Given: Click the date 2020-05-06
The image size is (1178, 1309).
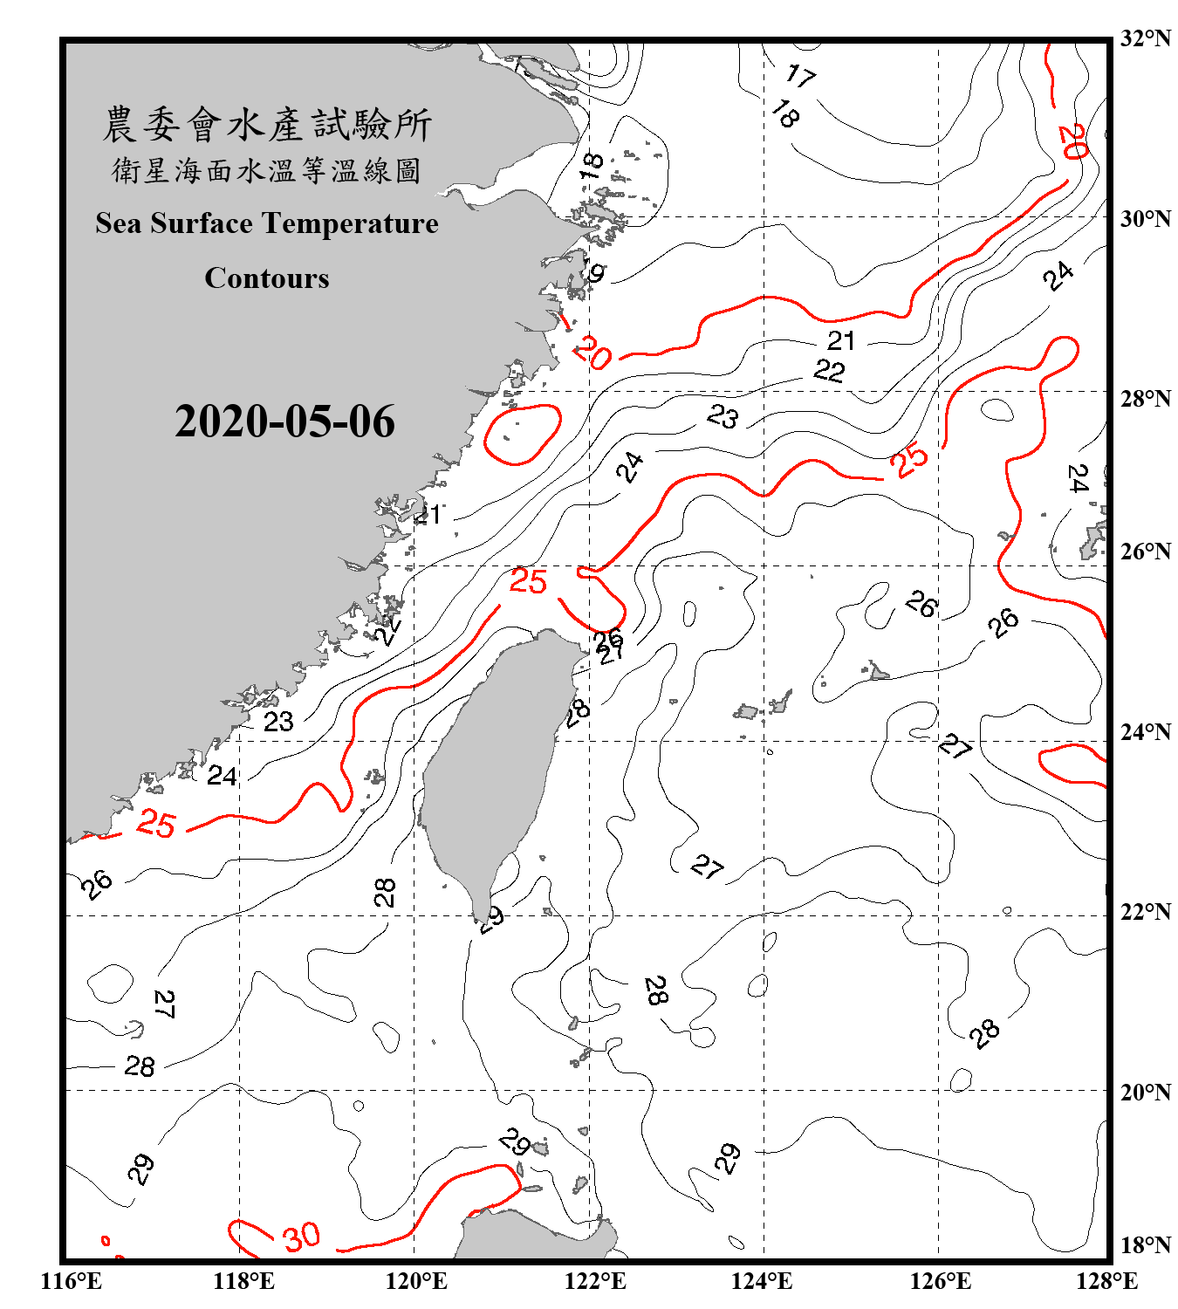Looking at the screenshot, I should pyautogui.click(x=284, y=421).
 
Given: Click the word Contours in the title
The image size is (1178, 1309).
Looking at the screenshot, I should pyautogui.click(x=267, y=278).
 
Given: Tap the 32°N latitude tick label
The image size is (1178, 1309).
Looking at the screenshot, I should pyautogui.click(x=1145, y=38).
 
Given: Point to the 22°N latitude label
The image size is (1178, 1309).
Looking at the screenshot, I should pyautogui.click(x=1145, y=912).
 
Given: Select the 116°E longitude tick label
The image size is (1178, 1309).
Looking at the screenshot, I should pyautogui.click(x=72, y=1281).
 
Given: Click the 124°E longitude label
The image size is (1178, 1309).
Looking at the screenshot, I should pyautogui.click(x=762, y=1281).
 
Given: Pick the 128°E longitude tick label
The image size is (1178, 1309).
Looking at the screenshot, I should pyautogui.click(x=1106, y=1281).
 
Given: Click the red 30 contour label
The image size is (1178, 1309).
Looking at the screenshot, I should pyautogui.click(x=301, y=1237).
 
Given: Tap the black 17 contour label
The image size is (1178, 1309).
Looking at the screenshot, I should pyautogui.click(x=800, y=76).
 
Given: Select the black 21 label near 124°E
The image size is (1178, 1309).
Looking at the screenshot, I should pyautogui.click(x=841, y=339).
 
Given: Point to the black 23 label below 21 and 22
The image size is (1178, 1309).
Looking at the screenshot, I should pyautogui.click(x=723, y=416).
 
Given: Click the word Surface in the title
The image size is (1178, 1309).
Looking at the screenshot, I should pyautogui.click(x=202, y=223).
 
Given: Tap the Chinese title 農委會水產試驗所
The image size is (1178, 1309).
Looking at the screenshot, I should pyautogui.click(x=267, y=125).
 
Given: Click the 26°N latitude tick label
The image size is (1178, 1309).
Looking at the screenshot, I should pyautogui.click(x=1145, y=552).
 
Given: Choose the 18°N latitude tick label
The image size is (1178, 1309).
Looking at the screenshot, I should pyautogui.click(x=1145, y=1245).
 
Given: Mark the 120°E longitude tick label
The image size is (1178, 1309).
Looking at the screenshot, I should pyautogui.click(x=416, y=1281).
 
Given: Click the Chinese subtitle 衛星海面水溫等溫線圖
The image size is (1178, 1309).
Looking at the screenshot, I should pyautogui.click(x=267, y=170).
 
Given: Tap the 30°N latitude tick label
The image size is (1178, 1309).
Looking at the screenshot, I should pyautogui.click(x=1145, y=219).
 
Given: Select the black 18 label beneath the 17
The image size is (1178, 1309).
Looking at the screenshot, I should pyautogui.click(x=785, y=113).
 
